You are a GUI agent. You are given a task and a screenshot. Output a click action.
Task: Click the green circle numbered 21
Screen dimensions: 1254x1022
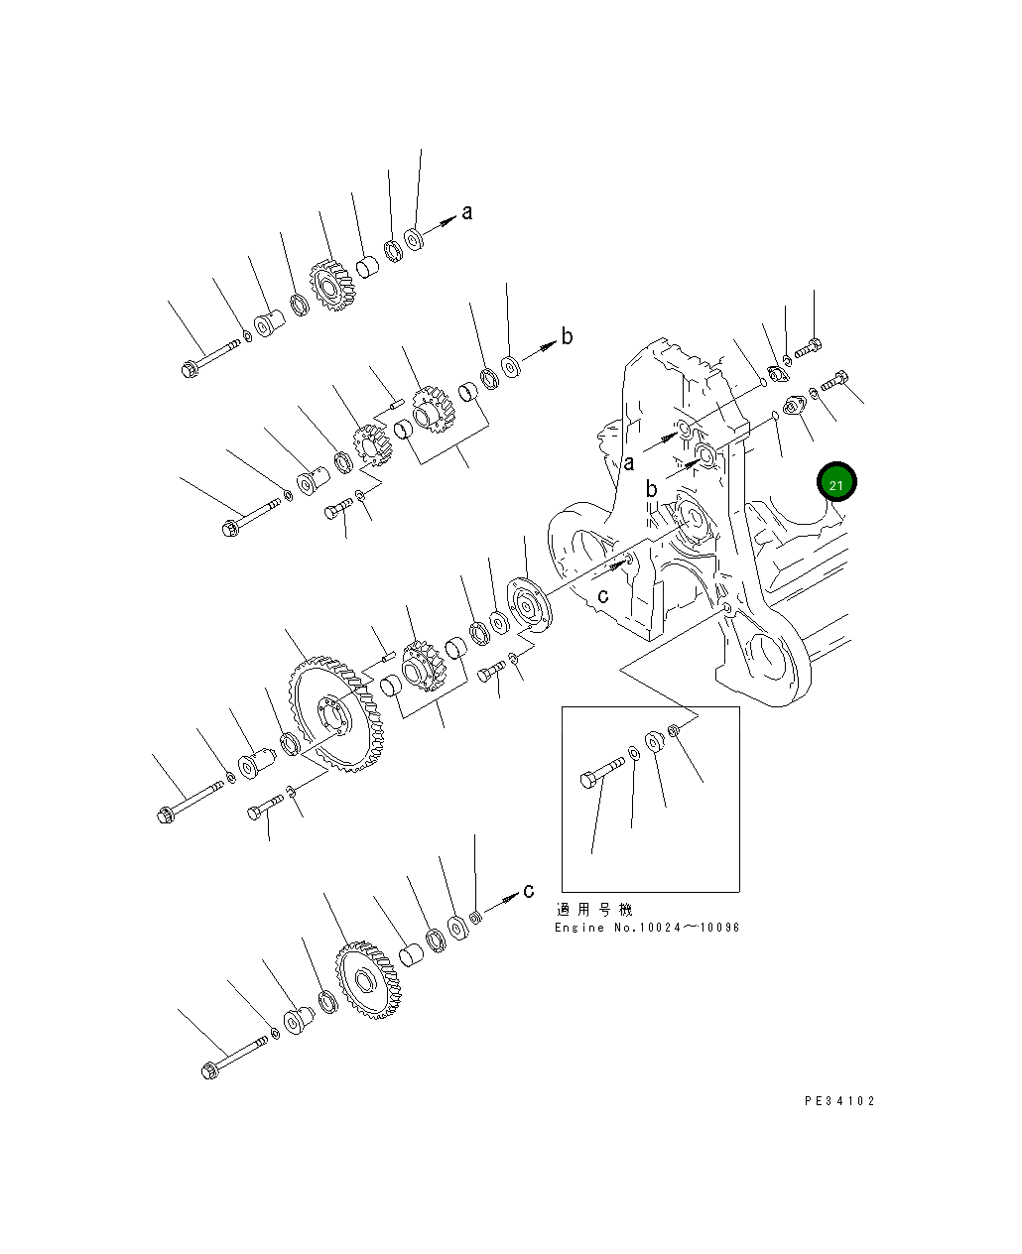coord(835,483)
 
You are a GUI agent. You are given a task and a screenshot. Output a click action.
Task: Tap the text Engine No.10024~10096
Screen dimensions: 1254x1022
coord(646,928)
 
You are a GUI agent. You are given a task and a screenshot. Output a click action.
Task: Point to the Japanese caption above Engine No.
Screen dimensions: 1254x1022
coord(593,909)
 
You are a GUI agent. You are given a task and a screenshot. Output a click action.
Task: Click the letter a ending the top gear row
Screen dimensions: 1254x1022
coord(467,211)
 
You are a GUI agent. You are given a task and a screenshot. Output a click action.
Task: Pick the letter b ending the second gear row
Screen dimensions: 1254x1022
coord(567,336)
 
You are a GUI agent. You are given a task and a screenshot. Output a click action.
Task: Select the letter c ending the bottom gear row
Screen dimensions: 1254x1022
coord(529,889)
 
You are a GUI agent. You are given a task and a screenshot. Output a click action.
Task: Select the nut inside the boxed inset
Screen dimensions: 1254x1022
coord(673,732)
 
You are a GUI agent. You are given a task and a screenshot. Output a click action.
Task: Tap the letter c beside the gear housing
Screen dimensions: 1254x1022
coord(602,595)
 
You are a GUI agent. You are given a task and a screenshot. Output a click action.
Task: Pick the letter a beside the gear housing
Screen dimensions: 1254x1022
coord(628,461)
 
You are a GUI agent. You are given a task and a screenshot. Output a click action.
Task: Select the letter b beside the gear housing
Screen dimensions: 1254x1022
coord(651,489)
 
